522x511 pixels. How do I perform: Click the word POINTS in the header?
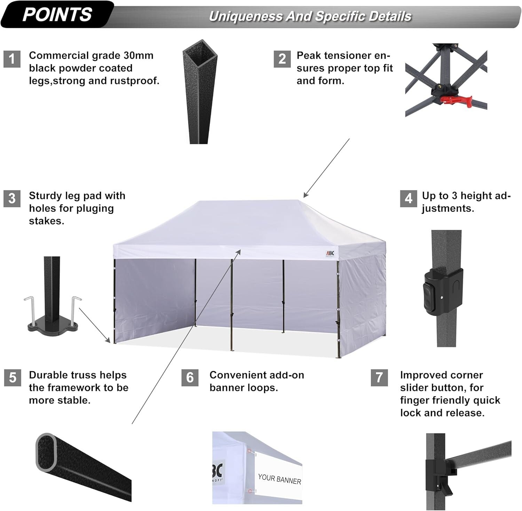tap(57, 15)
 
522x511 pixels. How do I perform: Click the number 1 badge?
tap(12, 58)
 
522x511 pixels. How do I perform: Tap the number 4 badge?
tap(408, 198)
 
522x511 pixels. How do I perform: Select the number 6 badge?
tap(190, 378)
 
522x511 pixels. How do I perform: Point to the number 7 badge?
tap(379, 378)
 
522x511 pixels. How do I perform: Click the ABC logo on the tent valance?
tap(330, 253)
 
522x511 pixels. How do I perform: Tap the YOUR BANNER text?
tap(279, 479)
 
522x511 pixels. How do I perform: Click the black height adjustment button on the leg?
tap(428, 296)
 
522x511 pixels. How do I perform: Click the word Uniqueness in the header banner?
tap(246, 16)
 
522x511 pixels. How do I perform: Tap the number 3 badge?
tap(12, 198)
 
